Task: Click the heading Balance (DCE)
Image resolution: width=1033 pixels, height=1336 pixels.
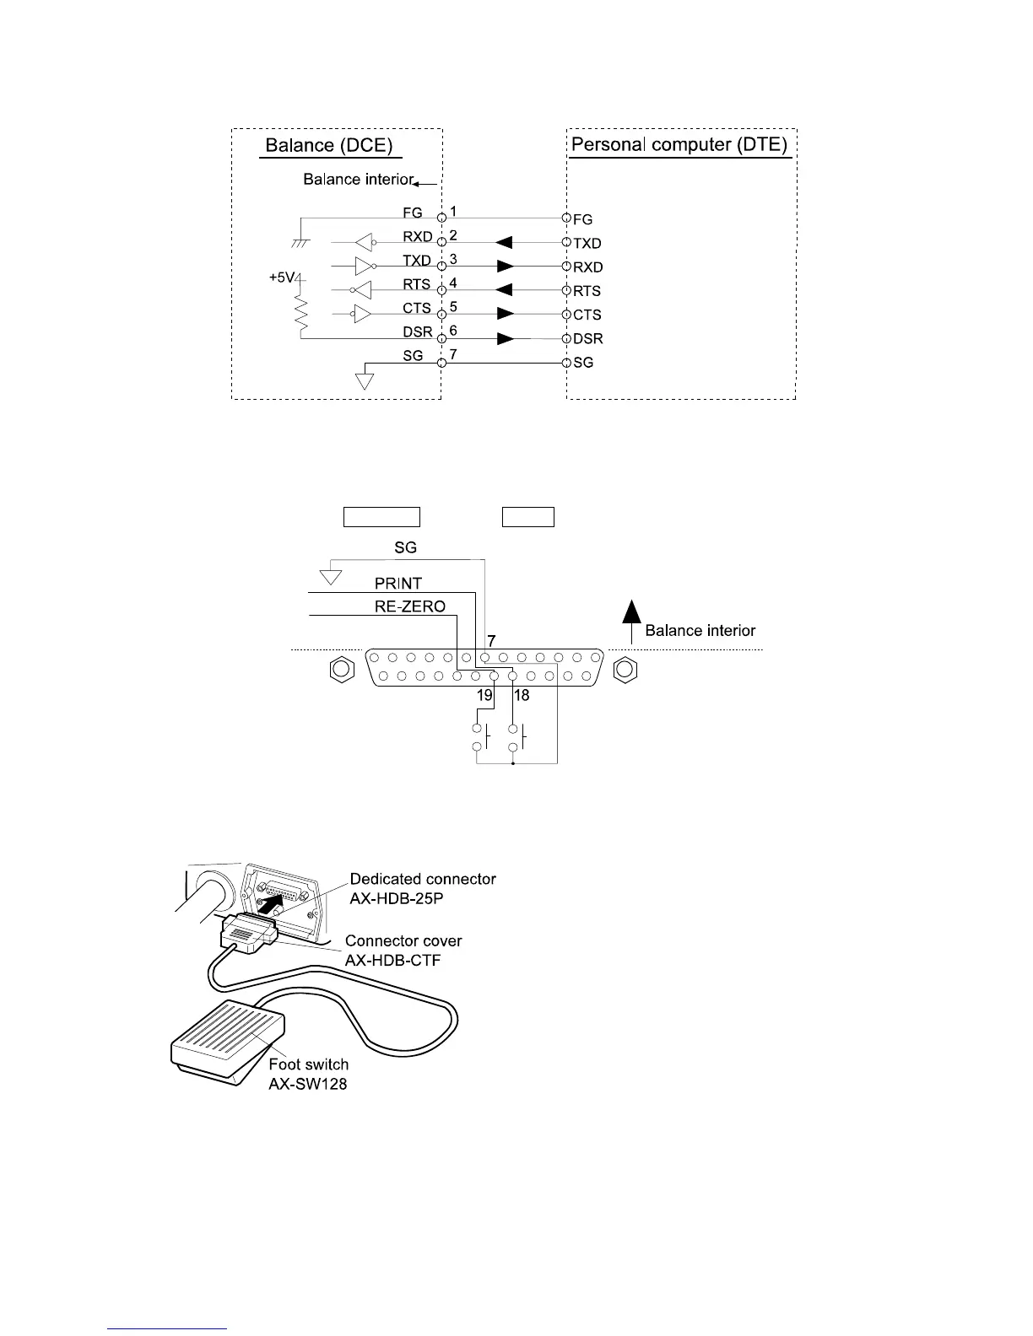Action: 329,145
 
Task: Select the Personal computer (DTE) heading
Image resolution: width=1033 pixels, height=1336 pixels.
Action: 679,144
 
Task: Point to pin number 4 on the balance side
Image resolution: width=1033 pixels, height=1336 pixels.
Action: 453,283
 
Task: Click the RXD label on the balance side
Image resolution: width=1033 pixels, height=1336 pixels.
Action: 417,237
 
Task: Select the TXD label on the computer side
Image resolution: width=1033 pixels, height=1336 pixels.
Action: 587,244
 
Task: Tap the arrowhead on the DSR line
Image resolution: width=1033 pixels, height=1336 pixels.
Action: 506,339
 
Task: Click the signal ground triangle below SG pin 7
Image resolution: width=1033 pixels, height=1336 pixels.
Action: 365,380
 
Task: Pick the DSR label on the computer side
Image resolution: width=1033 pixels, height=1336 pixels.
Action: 587,339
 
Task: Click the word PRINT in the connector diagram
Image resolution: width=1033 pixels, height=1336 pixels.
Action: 398,584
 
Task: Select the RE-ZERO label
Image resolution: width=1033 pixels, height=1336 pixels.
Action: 409,606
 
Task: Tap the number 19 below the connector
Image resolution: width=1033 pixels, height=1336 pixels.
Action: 484,696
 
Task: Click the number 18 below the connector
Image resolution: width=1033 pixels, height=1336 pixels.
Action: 522,696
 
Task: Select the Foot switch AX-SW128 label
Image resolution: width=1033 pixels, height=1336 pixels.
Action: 308,1074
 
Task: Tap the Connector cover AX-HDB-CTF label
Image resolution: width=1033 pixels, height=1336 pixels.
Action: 403,951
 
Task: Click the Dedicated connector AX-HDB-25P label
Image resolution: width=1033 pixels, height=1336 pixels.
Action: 423,888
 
